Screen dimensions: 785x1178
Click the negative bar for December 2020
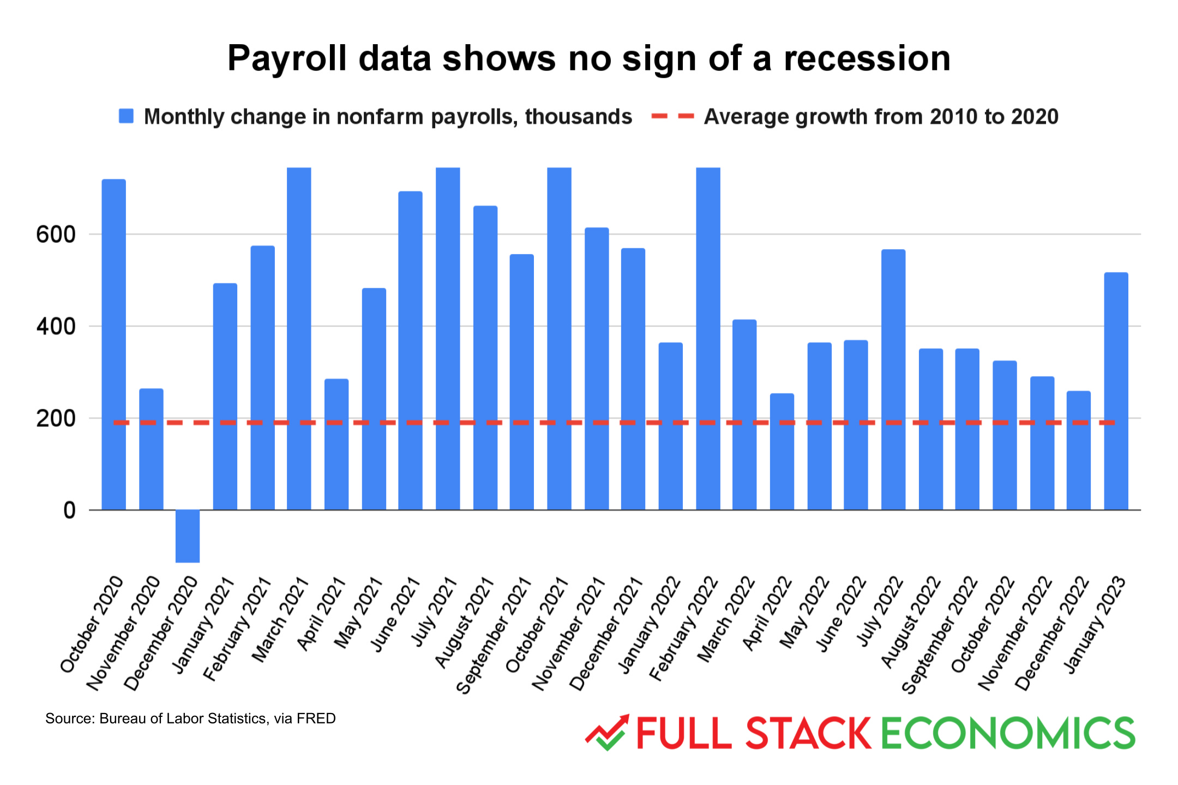[187, 536]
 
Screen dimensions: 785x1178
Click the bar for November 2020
[151, 449]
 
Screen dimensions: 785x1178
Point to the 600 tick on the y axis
[56, 235]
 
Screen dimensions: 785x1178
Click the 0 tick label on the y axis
[69, 511]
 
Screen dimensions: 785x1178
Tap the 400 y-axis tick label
[56, 327]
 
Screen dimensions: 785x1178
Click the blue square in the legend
[126, 116]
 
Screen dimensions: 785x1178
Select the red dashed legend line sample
[672, 116]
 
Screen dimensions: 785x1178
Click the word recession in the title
[867, 58]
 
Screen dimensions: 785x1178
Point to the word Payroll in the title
[287, 58]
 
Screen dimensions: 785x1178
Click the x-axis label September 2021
[494, 635]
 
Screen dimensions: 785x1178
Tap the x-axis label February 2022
[684, 628]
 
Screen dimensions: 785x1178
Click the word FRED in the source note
[316, 718]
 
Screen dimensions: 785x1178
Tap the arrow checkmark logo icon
[607, 732]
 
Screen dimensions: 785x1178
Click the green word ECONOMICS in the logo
[1008, 733]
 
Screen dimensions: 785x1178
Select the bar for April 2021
[336, 444]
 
